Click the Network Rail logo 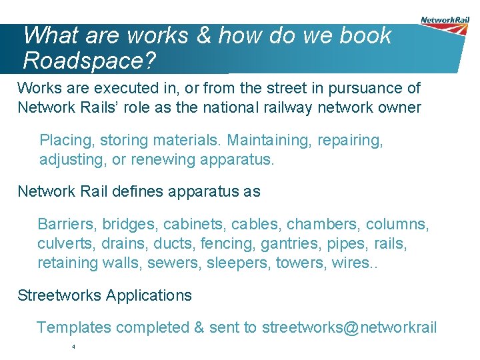445,25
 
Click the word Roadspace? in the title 89,60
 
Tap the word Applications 148,295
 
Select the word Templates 74,327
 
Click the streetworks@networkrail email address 349,327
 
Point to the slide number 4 73,347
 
